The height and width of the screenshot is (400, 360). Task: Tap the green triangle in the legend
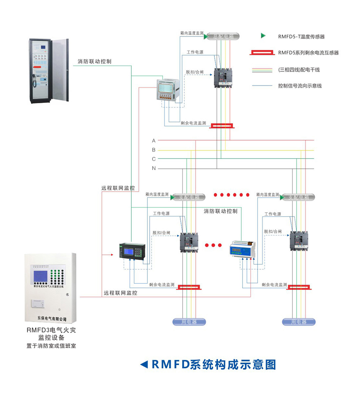point(263,36)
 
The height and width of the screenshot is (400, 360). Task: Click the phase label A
point(154,140)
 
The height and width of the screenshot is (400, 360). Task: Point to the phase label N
point(154,168)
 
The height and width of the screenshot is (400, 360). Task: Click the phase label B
point(154,150)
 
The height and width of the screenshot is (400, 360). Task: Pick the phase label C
point(154,159)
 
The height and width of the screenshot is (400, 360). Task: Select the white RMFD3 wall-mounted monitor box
point(51,288)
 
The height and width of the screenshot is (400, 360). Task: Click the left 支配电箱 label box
point(189,197)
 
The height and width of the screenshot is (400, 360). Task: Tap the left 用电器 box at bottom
point(189,322)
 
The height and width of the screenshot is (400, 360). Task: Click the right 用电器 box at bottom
point(299,322)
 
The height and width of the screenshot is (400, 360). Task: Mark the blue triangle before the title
point(144,365)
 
